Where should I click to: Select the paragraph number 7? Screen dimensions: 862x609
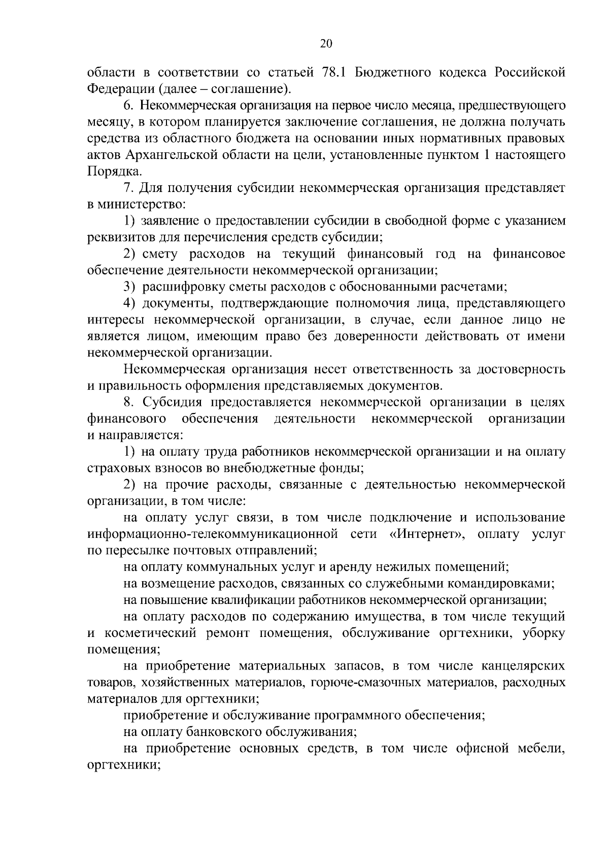(x=128, y=188)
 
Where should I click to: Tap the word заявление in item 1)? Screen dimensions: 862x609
(x=172, y=221)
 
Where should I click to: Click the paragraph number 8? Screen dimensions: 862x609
(x=128, y=402)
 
